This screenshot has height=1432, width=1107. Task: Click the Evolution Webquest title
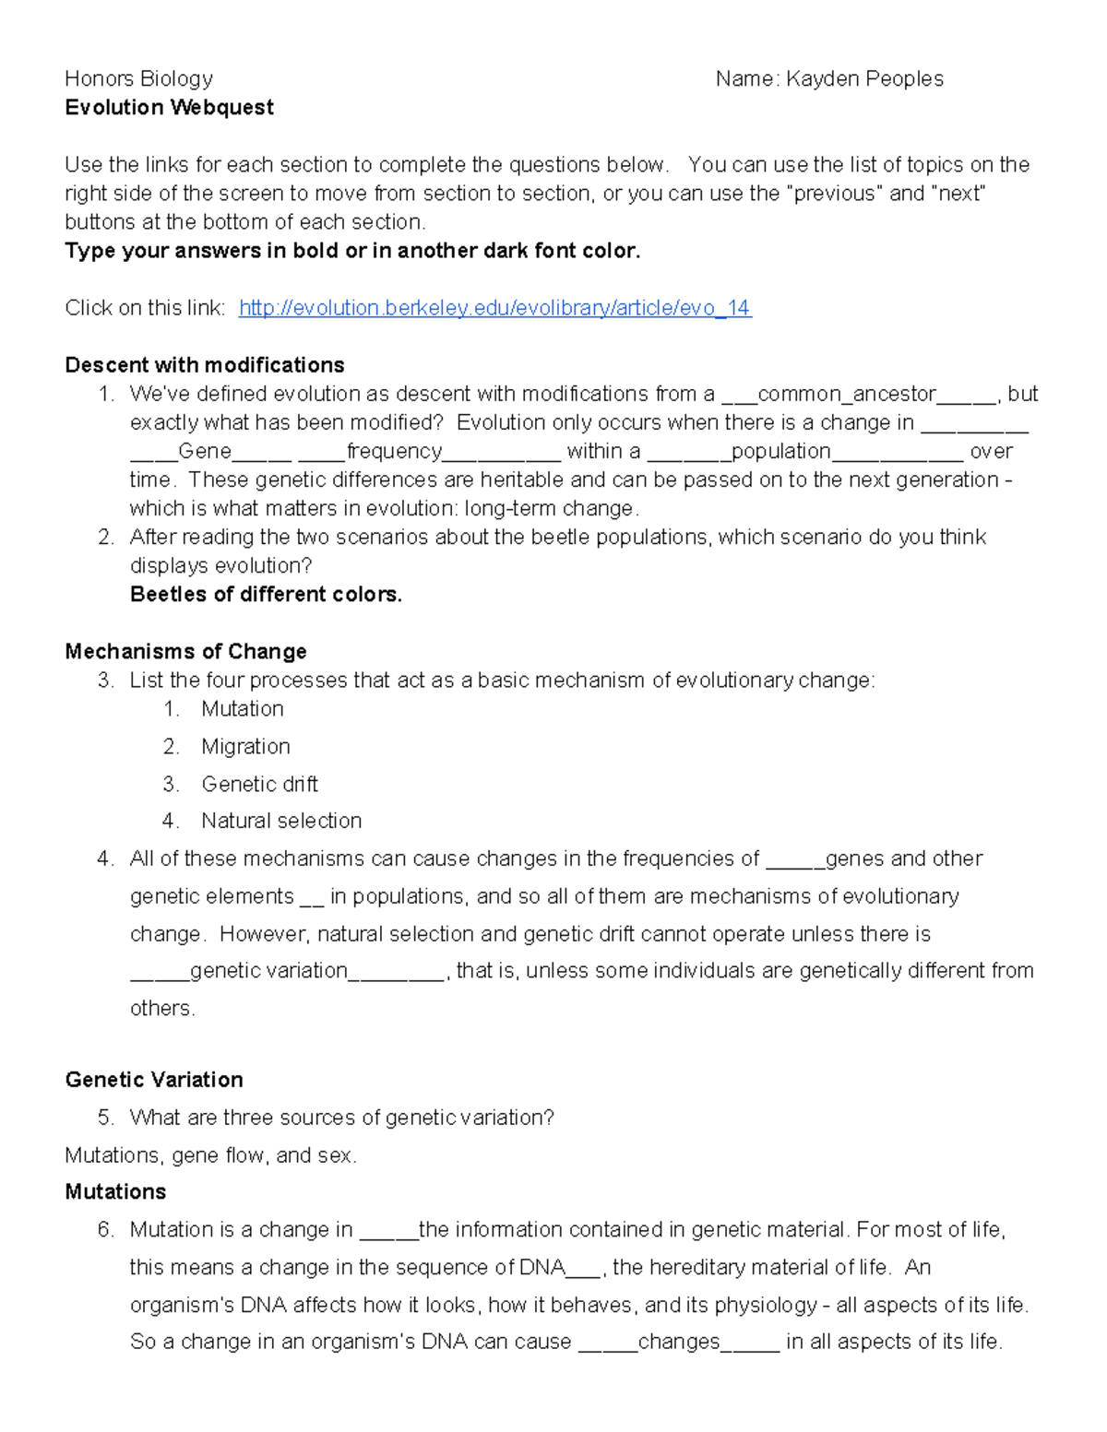169,108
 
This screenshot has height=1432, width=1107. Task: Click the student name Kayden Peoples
863,79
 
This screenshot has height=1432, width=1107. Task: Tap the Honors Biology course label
138,79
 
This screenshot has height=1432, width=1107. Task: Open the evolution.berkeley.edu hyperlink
494,308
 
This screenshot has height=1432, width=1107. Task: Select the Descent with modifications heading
205,365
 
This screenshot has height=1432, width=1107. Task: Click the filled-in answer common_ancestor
846,395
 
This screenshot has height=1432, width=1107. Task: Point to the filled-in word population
780,452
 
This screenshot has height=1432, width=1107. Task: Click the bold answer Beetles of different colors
266,595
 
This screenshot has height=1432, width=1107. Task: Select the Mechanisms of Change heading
185,652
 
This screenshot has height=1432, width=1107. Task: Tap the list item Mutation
242,709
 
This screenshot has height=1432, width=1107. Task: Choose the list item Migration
245,747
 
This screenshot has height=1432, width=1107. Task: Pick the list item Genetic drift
259,785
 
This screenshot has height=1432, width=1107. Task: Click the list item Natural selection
281,821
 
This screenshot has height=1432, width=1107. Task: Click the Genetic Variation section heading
154,1080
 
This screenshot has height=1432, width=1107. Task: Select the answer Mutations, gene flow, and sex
210,1155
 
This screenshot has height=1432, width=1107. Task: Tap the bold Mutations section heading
115,1192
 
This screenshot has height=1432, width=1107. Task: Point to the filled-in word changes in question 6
678,1342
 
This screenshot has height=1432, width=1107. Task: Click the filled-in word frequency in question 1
394,452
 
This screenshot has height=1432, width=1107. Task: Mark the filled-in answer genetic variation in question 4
268,971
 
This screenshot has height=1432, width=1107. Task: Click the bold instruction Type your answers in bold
351,251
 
